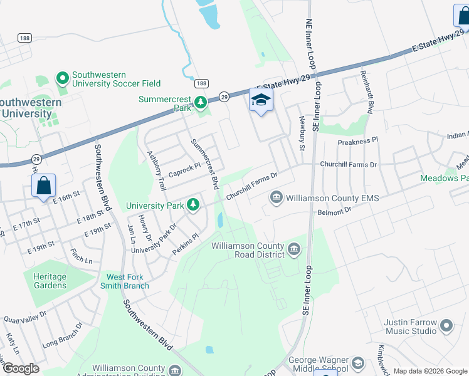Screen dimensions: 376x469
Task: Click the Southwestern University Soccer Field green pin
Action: [x=62, y=78]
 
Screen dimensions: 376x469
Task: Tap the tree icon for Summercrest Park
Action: [x=200, y=102]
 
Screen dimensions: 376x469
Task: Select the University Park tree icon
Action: [x=194, y=205]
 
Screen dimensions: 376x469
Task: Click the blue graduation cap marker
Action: [x=261, y=100]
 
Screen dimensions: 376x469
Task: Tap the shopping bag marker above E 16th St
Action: [x=43, y=186]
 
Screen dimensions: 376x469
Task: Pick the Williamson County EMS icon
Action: [x=276, y=198]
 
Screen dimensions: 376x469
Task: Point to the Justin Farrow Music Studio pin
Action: [x=446, y=325]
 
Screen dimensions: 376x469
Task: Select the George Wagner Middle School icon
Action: [x=357, y=363]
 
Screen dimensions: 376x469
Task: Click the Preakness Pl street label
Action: [x=358, y=142]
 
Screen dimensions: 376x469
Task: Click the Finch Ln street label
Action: [x=82, y=256]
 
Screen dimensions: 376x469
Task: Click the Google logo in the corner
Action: [x=20, y=368]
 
